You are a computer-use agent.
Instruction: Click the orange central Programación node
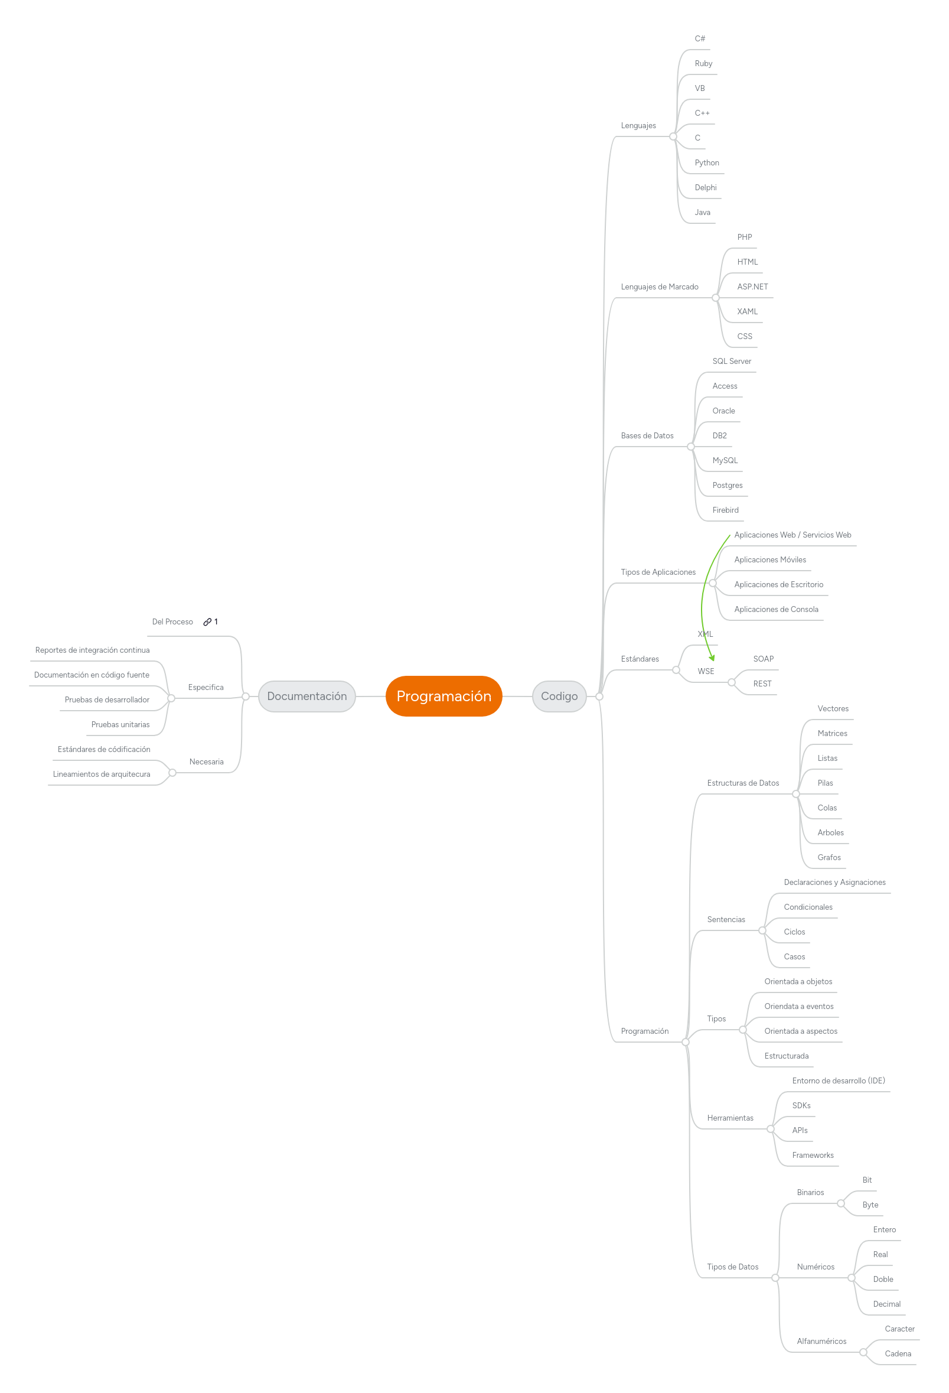(443, 696)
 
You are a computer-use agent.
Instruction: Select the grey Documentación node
(306, 696)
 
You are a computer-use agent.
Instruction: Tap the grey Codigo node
(559, 696)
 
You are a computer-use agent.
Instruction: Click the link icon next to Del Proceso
(207, 621)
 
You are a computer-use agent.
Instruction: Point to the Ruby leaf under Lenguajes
(703, 64)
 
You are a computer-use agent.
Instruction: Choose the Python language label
(706, 162)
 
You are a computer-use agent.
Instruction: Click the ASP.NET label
(752, 287)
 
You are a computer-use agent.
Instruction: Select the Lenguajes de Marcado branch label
(659, 287)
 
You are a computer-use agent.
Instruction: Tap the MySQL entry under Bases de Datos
(725, 460)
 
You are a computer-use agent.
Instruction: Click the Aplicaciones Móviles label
(770, 559)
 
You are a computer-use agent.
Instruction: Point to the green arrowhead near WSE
(712, 658)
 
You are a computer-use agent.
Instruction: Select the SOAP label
(763, 659)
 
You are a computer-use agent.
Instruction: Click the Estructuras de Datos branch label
(743, 783)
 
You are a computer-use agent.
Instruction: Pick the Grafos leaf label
(829, 857)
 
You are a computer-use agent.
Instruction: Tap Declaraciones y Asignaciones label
(834, 883)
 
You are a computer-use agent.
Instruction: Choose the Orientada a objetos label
(798, 981)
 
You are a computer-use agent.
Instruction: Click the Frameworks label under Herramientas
(813, 1155)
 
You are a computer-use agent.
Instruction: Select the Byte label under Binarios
(870, 1205)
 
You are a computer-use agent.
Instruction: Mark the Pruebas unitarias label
(120, 724)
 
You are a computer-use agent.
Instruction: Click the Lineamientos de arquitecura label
(101, 774)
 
